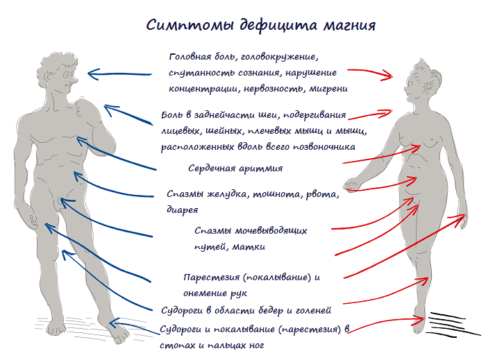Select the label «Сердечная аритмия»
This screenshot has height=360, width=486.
235,168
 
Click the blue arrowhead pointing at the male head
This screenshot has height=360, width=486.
92,72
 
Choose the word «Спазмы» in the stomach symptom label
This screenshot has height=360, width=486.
187,194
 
